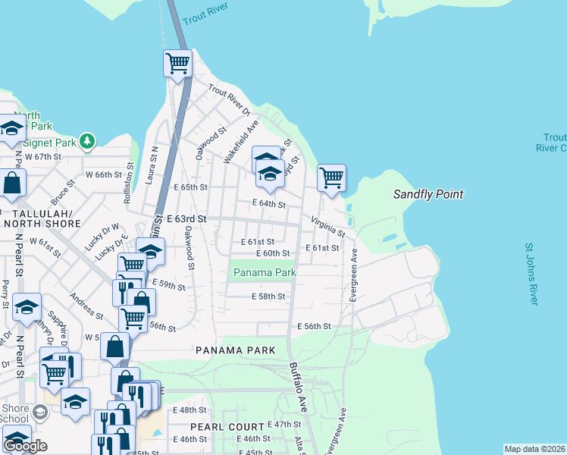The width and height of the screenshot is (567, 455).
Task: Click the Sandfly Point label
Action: click(x=428, y=195)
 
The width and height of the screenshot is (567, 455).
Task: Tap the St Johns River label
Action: click(x=531, y=274)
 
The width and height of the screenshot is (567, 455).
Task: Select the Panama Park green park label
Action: click(x=264, y=272)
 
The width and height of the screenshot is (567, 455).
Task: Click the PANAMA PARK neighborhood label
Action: click(x=233, y=350)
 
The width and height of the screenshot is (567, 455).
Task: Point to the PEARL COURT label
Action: click(x=227, y=427)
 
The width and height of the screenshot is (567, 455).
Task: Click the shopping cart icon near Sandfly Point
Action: click(x=331, y=177)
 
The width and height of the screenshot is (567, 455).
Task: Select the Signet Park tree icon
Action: click(x=88, y=141)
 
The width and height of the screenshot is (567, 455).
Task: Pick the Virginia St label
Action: click(x=327, y=224)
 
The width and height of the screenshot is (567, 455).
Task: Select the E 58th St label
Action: click(x=268, y=297)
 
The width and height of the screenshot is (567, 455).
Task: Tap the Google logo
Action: click(x=26, y=446)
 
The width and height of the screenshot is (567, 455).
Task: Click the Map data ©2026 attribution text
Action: click(x=534, y=449)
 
